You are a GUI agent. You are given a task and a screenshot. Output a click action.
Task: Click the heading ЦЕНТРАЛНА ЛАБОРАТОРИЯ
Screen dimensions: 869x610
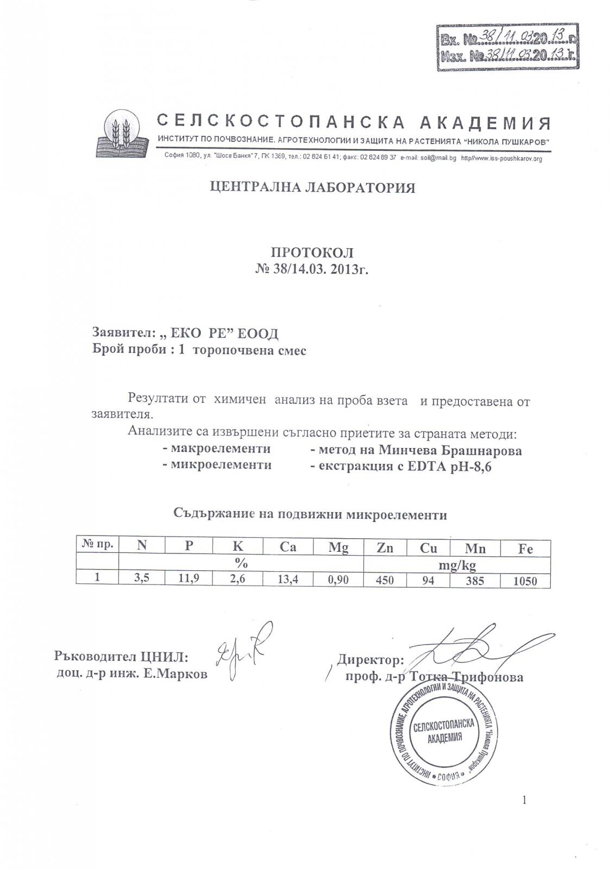click(312, 188)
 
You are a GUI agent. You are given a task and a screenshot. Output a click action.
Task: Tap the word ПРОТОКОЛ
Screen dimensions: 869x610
click(312, 253)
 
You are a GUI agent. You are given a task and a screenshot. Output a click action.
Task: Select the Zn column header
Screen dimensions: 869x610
click(385, 547)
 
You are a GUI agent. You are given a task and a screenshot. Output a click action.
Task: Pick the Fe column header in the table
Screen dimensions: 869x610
click(525, 548)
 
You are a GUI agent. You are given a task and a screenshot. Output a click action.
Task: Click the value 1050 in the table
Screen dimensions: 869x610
click(525, 581)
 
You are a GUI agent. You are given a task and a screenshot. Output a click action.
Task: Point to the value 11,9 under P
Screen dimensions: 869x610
click(188, 579)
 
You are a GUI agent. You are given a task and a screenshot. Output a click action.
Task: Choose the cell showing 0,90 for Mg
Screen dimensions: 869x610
click(338, 580)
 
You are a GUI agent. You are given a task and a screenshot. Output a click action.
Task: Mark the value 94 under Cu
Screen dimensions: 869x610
click(428, 580)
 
